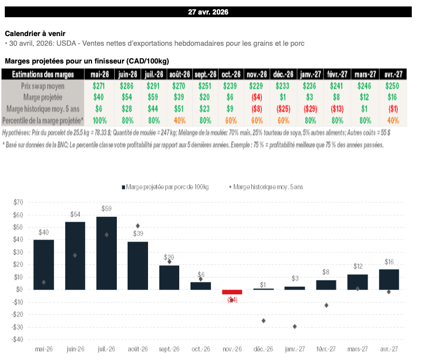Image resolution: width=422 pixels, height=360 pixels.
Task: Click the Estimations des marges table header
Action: (43, 74)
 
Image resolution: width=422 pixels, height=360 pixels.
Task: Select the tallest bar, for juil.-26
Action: (107, 253)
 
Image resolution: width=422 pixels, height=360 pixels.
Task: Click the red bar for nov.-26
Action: (233, 292)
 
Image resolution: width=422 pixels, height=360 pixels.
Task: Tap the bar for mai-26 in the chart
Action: (44, 264)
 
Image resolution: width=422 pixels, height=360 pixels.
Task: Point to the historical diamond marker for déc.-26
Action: (264, 321)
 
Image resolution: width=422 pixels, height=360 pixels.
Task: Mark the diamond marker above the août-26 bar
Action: (138, 226)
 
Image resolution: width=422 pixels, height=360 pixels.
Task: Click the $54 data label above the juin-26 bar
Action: (75, 214)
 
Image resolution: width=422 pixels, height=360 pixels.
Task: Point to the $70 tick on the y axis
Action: (18, 202)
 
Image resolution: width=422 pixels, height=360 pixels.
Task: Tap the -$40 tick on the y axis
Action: (17, 340)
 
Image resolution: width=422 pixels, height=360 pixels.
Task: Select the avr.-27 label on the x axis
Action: (389, 349)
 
